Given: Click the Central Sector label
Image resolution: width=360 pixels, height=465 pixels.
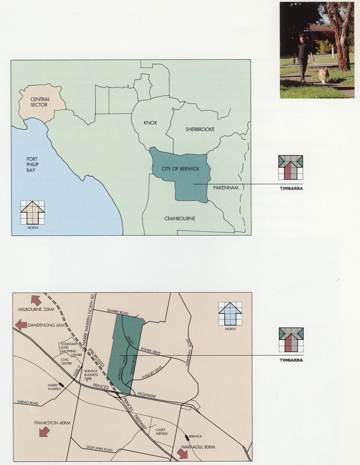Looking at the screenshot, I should (40, 102).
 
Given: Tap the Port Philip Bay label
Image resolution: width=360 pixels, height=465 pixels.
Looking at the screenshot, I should (33, 164).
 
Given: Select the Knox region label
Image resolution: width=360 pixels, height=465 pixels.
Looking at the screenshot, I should (150, 123).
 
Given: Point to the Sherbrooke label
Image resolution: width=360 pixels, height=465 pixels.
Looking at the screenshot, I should (200, 129).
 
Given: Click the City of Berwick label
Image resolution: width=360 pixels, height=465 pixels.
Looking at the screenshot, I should (181, 169).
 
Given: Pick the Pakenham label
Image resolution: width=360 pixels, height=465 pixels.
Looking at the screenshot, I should (226, 188).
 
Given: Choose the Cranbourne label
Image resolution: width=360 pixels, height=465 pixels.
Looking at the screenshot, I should (180, 219).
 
